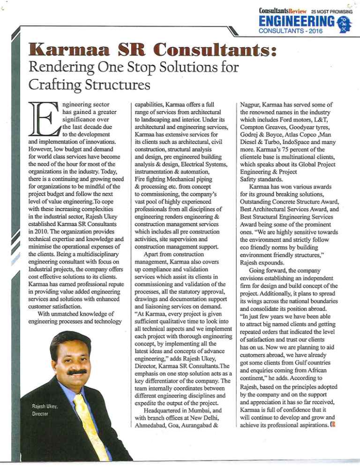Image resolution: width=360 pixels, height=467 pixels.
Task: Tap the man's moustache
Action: (x=77, y=372)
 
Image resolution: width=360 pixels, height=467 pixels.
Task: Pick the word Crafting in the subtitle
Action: (x=47, y=87)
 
